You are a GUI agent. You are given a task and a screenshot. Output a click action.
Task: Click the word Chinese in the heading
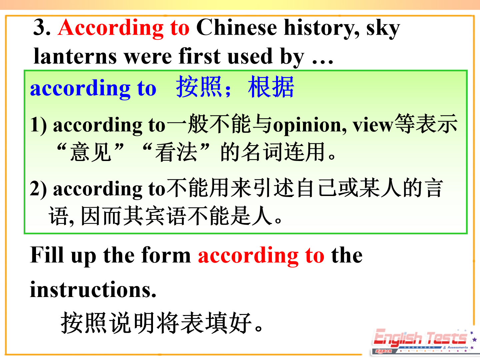(x=237, y=27)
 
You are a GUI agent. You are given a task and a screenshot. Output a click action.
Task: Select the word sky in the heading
(x=383, y=29)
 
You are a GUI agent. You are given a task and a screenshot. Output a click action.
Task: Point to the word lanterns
(x=75, y=56)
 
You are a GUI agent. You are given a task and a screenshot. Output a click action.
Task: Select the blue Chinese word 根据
(x=271, y=87)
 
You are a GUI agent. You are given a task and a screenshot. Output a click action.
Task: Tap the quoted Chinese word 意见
(x=90, y=152)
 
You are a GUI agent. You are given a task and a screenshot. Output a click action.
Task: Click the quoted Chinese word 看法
(x=176, y=152)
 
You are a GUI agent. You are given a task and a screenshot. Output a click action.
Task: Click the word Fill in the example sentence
(x=47, y=255)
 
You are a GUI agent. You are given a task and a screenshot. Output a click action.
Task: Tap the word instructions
(x=93, y=290)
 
